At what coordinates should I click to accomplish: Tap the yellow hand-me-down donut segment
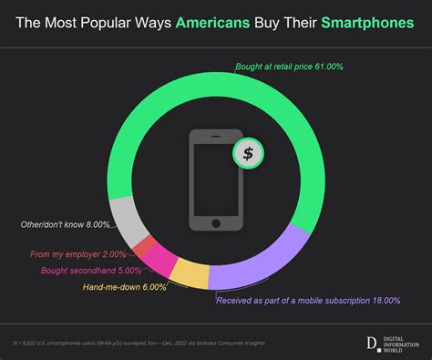[190, 273]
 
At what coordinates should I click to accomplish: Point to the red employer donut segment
[143, 246]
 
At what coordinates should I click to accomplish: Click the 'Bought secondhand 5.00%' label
[90, 271]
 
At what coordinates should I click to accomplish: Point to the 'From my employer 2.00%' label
[77, 255]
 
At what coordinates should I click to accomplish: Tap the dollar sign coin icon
[247, 153]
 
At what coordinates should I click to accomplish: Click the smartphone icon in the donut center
[215, 180]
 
